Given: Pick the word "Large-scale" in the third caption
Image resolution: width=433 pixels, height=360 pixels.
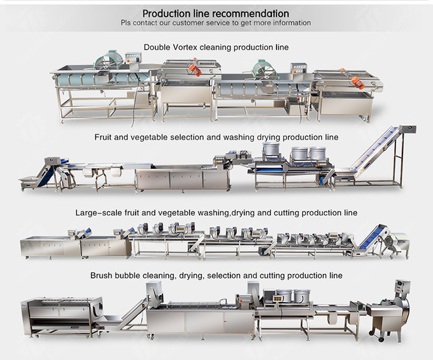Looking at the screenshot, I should (96, 212).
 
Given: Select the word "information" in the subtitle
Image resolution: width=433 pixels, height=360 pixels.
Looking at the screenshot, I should (288, 23).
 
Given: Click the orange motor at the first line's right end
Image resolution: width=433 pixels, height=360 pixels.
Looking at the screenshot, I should (358, 82).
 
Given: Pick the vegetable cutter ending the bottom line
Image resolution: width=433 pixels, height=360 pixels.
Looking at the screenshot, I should (395, 312).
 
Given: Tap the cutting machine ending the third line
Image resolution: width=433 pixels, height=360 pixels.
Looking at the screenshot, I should (399, 244).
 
